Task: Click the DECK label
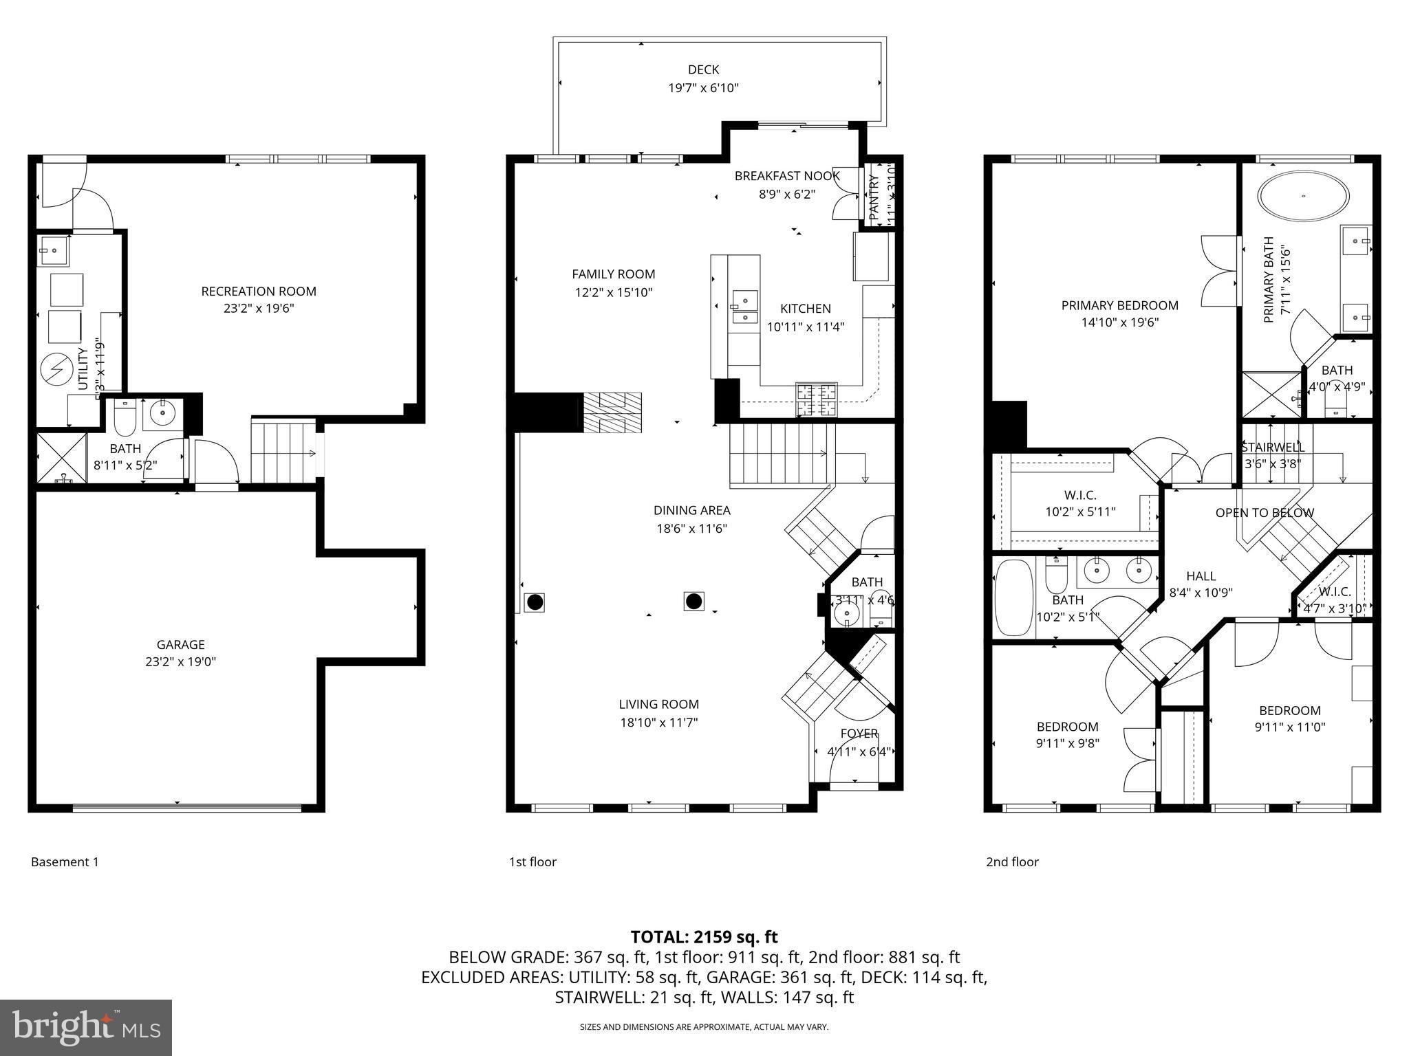point(703,69)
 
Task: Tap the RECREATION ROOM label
point(259,291)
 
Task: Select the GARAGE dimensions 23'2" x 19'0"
point(181,662)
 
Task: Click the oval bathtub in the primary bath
point(1303,196)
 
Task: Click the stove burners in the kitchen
point(817,400)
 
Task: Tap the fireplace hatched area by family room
point(612,412)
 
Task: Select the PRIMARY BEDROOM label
point(1119,305)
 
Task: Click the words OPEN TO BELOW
point(1265,513)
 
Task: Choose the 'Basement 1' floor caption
point(65,862)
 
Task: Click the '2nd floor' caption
point(1012,862)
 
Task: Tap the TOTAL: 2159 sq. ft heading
point(704,936)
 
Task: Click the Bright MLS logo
point(86,1027)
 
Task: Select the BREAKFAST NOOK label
point(787,176)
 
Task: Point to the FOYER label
point(859,734)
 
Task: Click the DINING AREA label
point(691,510)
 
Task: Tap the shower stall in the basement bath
point(61,457)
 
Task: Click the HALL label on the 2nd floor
point(1201,576)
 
